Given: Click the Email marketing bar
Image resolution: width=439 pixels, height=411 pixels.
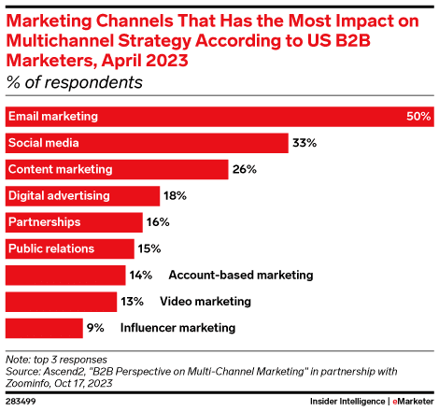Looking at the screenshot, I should tap(219, 117).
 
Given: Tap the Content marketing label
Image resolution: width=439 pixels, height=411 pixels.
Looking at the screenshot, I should tap(60, 169).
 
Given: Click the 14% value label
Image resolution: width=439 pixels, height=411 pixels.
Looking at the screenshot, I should tap(140, 276).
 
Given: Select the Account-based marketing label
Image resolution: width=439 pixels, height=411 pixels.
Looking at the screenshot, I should tap(240, 276).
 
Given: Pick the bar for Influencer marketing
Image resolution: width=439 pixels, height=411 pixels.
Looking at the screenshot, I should tap(44, 328).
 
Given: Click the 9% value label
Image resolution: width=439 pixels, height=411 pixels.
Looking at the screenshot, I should tap(96, 328).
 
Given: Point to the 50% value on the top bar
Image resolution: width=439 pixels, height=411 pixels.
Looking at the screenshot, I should tap(418, 117).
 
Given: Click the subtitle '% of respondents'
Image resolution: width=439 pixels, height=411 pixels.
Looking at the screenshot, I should tap(75, 82).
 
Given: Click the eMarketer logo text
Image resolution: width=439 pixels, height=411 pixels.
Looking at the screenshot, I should tap(413, 401).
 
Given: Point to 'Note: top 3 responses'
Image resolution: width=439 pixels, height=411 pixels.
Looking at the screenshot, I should tap(60, 358).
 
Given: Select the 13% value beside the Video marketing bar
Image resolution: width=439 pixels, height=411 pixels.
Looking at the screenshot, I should tap(131, 302).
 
